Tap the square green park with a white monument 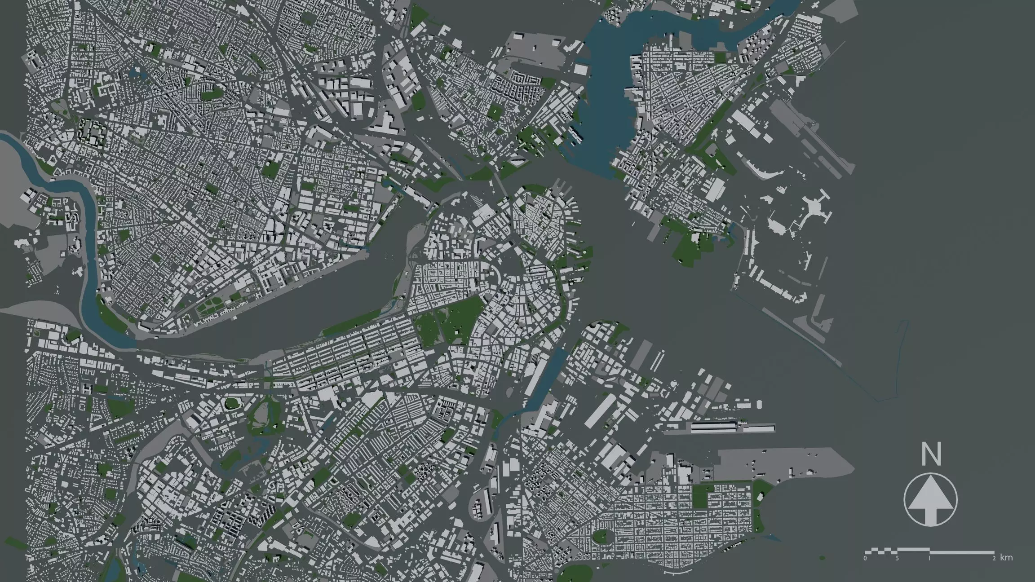pyautogui.click(x=495, y=110)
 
